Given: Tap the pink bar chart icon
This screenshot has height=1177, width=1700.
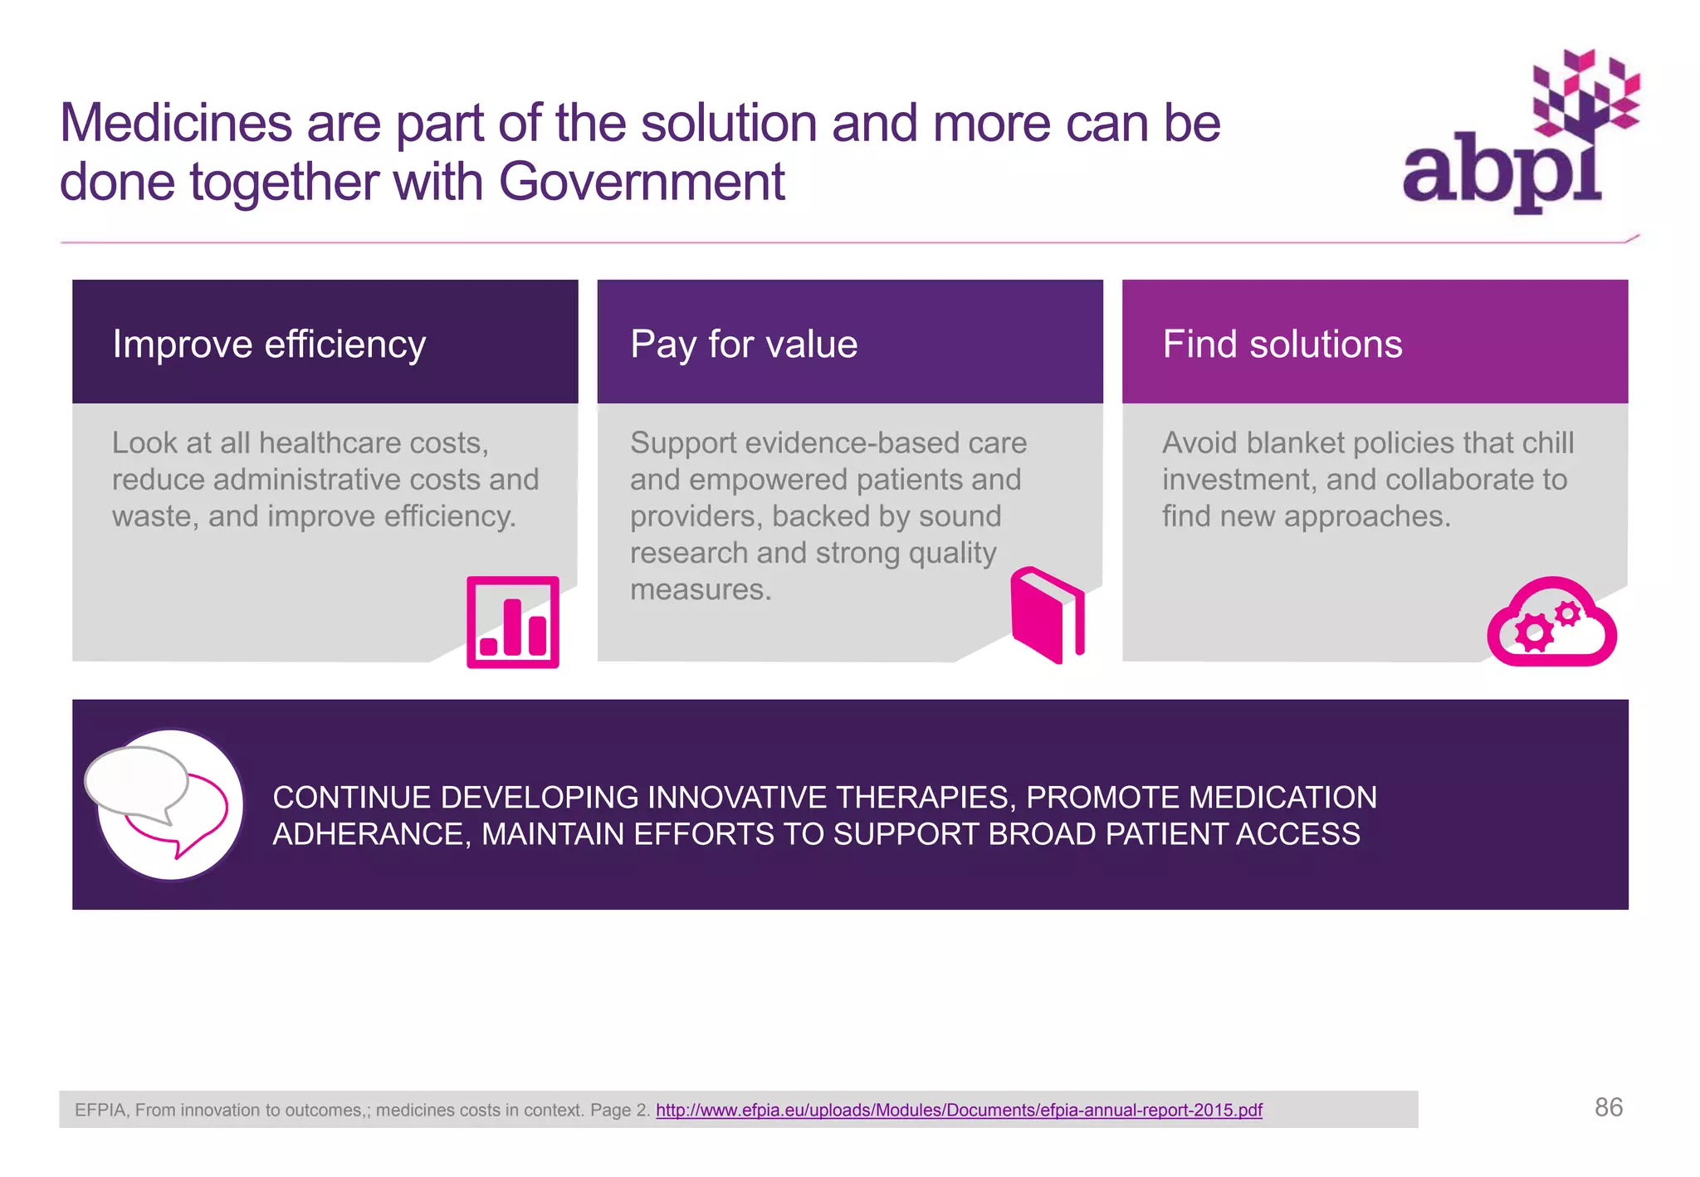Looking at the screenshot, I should point(513,623).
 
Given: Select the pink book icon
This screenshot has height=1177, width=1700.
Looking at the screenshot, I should point(1048,615).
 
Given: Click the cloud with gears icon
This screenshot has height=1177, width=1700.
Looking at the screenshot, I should point(1551,623).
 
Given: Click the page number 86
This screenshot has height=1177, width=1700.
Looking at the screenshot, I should point(1608,1107).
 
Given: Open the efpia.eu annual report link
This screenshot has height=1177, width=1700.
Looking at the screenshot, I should point(959,1110).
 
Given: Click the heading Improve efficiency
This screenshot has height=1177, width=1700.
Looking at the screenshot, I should point(269,344).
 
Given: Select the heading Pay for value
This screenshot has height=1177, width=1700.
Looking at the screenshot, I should point(744,344).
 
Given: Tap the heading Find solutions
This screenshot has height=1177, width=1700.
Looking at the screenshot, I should point(1282,344).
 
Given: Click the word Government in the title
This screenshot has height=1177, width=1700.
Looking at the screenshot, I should point(642,182).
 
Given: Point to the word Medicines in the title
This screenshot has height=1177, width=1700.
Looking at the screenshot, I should point(176,123).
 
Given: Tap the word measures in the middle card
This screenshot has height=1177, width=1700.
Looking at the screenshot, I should point(701,589).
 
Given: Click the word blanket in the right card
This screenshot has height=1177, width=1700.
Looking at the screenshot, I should point(1296,442).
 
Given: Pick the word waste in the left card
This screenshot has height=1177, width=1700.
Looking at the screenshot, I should point(154,516).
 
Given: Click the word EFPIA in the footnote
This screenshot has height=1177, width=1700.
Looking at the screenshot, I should point(100,1110).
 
